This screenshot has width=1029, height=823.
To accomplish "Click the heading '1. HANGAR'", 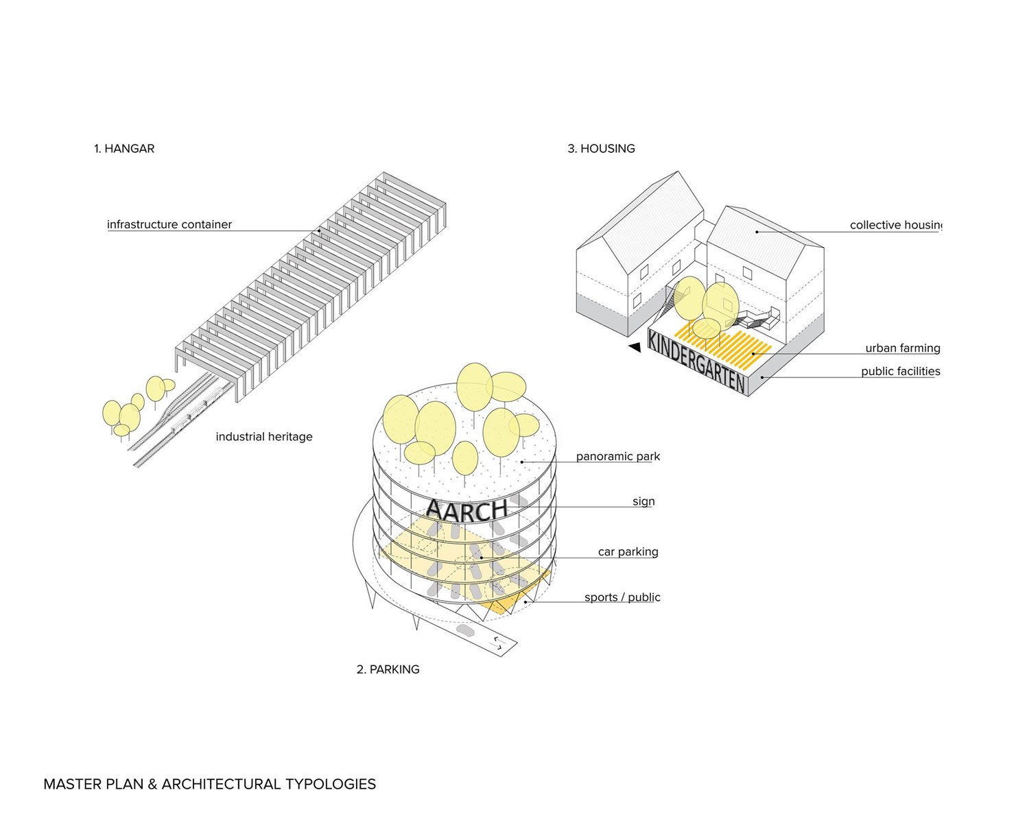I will coord(124,149).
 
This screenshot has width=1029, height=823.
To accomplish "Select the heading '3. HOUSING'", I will coord(601,149).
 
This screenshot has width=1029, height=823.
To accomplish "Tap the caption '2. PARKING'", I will coord(388,669).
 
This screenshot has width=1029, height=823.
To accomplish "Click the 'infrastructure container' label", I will coord(169,224).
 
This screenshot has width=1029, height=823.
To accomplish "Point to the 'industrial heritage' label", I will coord(264,437).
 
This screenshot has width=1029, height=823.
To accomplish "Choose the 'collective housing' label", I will coord(895,225).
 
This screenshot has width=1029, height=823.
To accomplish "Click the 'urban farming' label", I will coord(902,348).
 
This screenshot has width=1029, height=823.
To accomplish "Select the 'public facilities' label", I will coord(900,372).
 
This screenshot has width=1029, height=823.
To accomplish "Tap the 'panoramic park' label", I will coord(617,457).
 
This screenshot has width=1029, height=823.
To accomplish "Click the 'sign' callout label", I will coord(643,501).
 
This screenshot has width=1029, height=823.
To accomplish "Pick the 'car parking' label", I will coord(628,551).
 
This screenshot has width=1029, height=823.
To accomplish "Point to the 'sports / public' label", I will coord(622,597).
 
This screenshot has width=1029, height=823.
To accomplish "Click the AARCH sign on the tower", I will coord(466,510).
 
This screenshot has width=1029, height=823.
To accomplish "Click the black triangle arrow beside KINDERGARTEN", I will coord(635,347).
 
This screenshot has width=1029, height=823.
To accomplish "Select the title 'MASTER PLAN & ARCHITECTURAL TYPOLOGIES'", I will coord(209,784).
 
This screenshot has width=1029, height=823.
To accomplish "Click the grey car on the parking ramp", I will coord(465,629).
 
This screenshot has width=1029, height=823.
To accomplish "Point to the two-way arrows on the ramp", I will coord(497,643).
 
